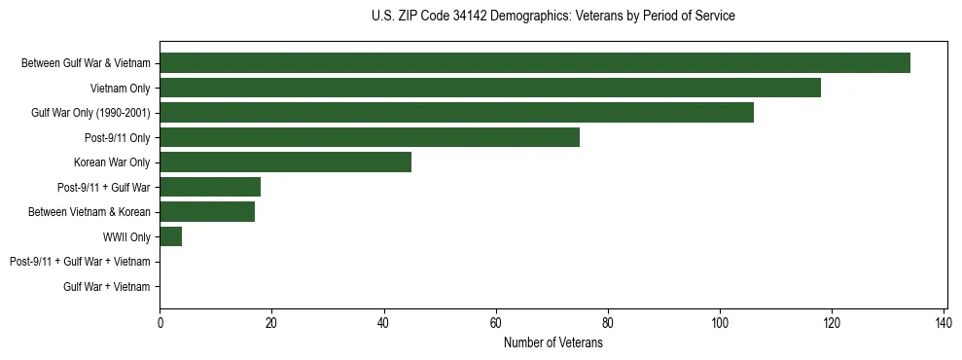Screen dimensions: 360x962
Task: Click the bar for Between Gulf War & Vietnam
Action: point(535,63)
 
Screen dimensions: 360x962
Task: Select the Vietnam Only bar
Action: point(490,88)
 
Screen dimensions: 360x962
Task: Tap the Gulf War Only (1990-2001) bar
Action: point(456,113)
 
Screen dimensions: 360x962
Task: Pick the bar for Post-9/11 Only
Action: point(370,137)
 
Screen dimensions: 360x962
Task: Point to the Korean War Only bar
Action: point(286,162)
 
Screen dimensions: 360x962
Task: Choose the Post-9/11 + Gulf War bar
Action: point(210,187)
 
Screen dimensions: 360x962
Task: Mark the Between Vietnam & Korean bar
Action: point(207,212)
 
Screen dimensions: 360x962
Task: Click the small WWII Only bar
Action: point(171,236)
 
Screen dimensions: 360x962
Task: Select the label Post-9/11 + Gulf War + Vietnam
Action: point(80,262)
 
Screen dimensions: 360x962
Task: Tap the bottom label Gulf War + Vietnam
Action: point(107,287)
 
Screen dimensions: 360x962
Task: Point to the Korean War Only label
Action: point(112,162)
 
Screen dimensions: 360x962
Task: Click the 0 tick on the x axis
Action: point(160,323)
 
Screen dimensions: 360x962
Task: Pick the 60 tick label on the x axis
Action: point(496,323)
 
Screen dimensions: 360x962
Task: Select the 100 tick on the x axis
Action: point(720,323)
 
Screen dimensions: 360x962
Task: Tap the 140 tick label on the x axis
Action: point(944,323)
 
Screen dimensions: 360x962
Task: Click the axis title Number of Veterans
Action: point(553,342)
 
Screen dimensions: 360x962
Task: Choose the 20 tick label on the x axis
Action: point(272,323)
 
